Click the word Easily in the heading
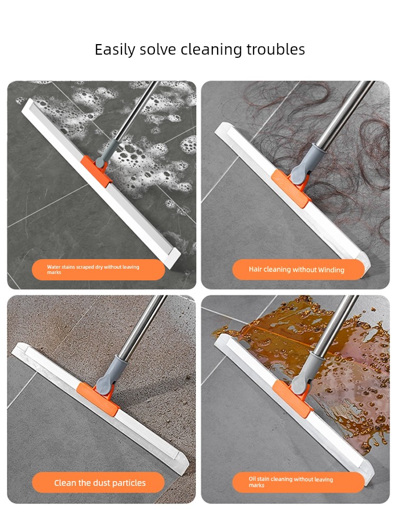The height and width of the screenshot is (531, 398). [x=115, y=50]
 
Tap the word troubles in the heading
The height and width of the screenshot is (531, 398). [x=275, y=49]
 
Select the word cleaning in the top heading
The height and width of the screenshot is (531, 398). [x=211, y=50]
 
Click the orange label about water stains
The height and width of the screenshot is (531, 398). [x=98, y=270]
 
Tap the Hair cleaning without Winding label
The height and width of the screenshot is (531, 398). [x=298, y=270]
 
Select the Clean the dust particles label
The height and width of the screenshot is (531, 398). [x=98, y=483]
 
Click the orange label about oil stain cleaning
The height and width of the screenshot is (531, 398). [x=298, y=482]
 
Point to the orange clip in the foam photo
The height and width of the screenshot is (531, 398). [x=95, y=171]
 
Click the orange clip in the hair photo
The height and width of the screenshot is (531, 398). [x=291, y=188]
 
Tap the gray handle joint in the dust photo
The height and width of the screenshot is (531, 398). [x=110, y=376]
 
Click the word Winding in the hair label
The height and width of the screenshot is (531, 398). [x=331, y=270]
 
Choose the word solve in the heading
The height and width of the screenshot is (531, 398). [x=158, y=49]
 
